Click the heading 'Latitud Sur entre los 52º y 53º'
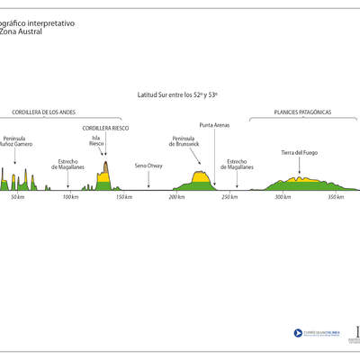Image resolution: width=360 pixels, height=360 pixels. click(x=178, y=94)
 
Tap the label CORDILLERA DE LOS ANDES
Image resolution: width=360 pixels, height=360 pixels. click(x=42, y=112)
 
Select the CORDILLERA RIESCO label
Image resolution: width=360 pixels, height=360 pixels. click(x=105, y=129)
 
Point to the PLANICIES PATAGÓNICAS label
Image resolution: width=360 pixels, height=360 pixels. click(x=303, y=112)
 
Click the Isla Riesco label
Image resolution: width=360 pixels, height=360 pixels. click(x=96, y=141)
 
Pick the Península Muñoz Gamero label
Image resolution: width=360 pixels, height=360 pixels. click(x=18, y=141)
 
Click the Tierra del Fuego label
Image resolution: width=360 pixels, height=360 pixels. click(x=299, y=153)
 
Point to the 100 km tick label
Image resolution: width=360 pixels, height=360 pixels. click(x=70, y=196)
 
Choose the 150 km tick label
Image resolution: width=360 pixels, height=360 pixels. click(x=123, y=196)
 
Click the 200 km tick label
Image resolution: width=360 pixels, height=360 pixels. click(x=176, y=196)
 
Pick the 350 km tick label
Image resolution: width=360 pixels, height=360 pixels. click(x=335, y=196)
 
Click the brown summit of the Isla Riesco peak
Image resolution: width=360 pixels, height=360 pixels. click(x=105, y=167)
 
